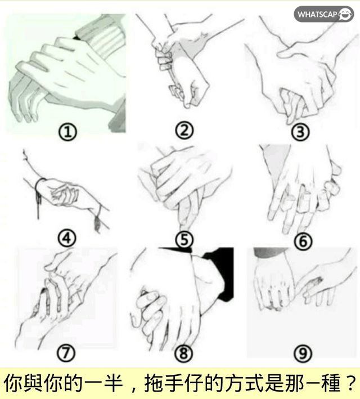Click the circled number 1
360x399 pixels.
click(x=67, y=132)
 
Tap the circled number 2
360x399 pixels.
click(x=184, y=131)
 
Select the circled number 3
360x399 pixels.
click(x=300, y=132)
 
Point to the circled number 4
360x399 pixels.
click(x=67, y=239)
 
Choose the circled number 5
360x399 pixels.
click(x=184, y=240)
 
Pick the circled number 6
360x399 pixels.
click(x=303, y=241)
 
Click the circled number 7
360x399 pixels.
click(x=66, y=353)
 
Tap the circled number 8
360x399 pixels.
click(x=184, y=353)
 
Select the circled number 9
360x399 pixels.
click(x=303, y=353)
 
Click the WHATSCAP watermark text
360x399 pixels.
click(x=317, y=14)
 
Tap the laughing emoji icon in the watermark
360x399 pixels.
click(x=345, y=14)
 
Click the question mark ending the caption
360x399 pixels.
click(x=351, y=383)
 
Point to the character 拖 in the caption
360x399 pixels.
click(x=154, y=383)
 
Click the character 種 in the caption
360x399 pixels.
click(x=331, y=383)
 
